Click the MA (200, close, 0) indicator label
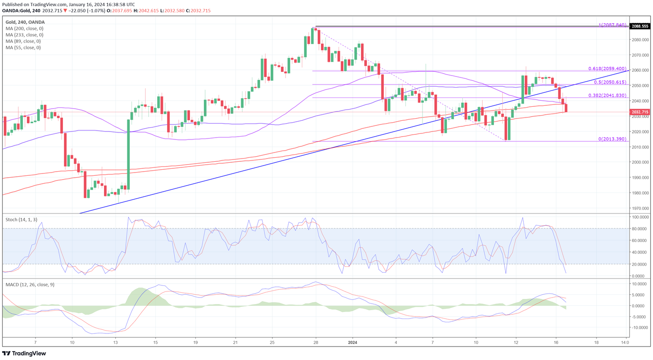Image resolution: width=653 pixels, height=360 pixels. coord(24,28)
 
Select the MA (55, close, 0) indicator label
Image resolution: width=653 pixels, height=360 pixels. coord(23,48)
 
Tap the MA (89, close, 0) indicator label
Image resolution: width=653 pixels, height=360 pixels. coord(23,41)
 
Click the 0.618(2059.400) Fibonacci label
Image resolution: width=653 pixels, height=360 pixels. coord(607,69)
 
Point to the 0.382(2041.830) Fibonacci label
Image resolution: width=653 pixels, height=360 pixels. coord(607,95)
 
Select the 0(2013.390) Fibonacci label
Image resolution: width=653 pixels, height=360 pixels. coord(612,139)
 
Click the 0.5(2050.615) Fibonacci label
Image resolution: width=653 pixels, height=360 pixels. coord(610,82)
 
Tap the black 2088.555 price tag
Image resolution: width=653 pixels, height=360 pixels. coord(640,26)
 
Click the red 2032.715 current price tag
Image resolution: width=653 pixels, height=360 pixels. coord(640,112)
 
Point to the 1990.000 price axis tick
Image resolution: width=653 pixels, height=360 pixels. coord(640,178)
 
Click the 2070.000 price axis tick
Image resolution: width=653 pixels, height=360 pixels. coord(640,55)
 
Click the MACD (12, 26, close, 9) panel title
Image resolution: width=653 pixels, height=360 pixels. coord(30,284)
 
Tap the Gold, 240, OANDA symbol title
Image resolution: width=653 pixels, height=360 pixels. coord(25,22)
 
